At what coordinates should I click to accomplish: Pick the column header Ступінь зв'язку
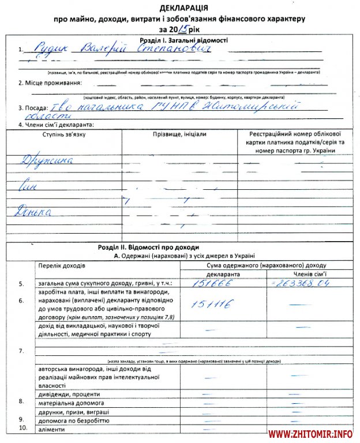[x=63, y=134]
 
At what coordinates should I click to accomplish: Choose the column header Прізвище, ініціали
[x=179, y=134]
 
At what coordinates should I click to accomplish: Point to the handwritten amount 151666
[x=209, y=284]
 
